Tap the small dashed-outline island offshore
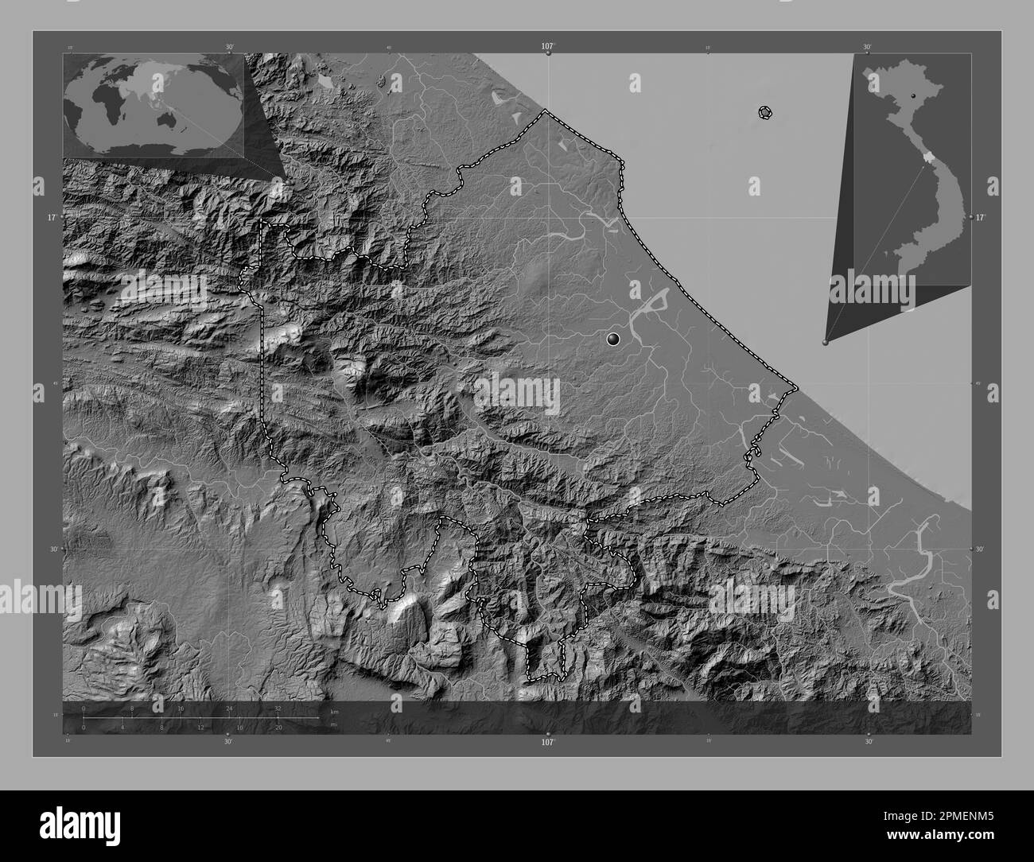tap(765, 113)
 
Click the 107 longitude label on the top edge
tap(547, 46)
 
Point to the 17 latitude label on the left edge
tap(51, 216)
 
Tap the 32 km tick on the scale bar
tap(278, 709)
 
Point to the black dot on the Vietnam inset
tap(914, 95)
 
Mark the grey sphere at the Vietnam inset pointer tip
tap(825, 343)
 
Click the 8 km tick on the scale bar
tap(132, 709)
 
